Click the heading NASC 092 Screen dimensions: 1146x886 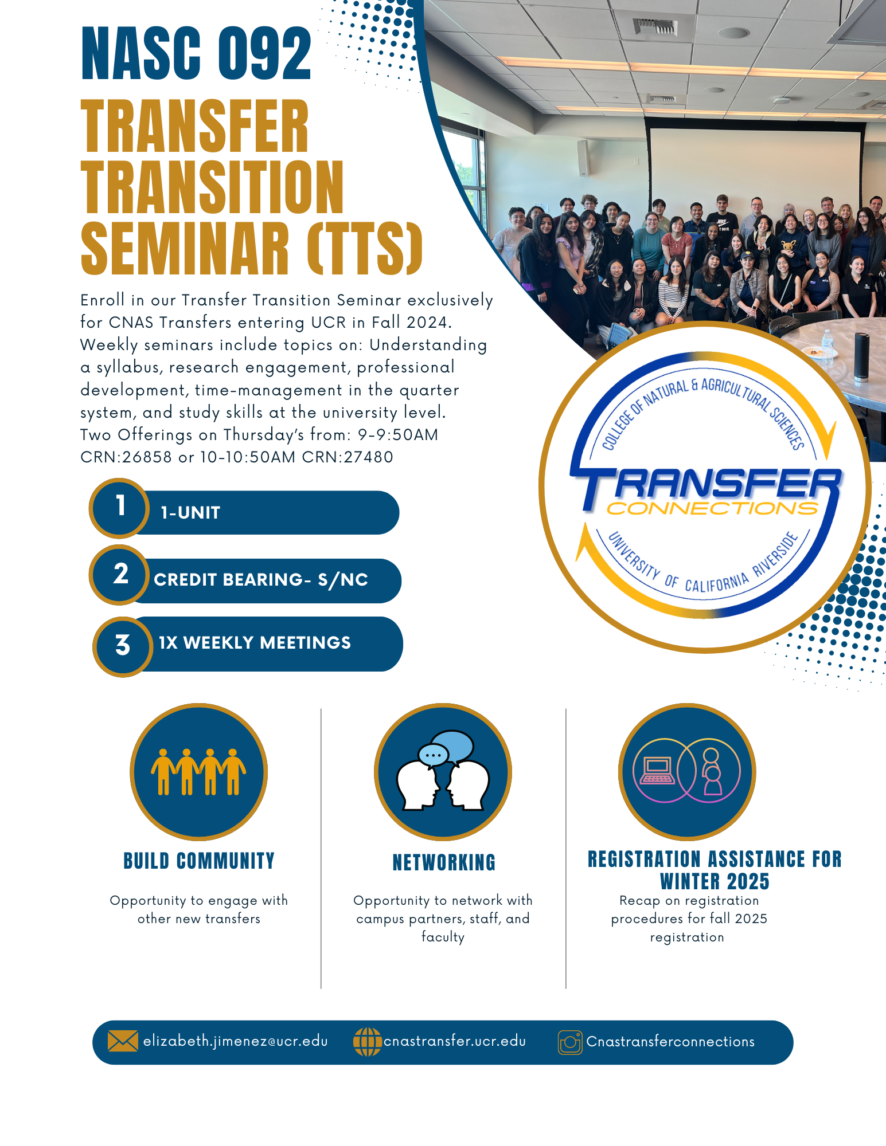coord(196,54)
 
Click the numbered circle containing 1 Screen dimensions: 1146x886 coord(120,508)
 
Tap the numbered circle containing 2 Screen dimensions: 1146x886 coord(120,575)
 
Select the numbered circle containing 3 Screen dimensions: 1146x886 coord(123,646)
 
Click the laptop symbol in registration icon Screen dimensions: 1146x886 coord(657,771)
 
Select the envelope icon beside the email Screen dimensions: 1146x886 coord(123,1041)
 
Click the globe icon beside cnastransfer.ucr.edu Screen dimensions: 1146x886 coord(367,1042)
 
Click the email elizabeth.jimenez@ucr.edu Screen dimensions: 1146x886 coord(235,1041)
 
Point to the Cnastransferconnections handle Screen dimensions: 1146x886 coord(670,1042)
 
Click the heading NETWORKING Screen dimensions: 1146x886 coord(444,862)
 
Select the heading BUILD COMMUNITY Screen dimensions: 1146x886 coord(199,861)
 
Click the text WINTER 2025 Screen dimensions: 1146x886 coord(715,881)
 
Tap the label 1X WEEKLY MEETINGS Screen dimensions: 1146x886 coord(255,643)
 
